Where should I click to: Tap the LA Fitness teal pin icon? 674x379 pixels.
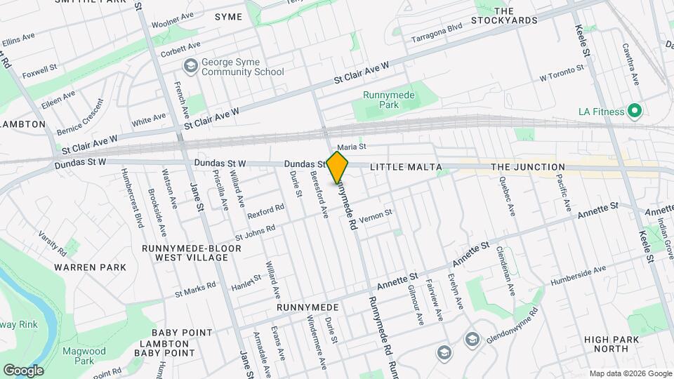635,111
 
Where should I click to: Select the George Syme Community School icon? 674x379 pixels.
190,66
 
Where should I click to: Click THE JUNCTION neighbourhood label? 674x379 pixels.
527,167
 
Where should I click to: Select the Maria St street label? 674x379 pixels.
352,147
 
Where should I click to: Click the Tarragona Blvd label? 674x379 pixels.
437,32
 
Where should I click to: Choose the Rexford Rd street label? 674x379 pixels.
265,208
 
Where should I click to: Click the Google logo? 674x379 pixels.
23,370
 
